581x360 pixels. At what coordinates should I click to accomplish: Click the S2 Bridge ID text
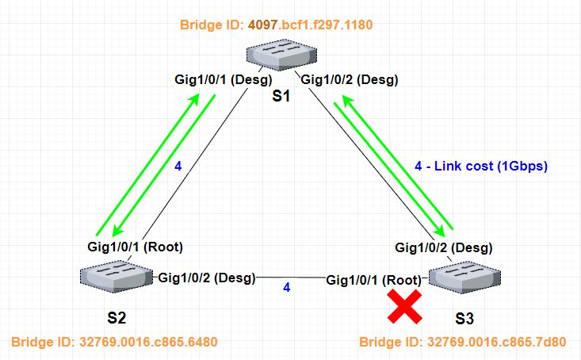(x=114, y=343)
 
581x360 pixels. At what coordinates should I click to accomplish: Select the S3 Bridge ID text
(x=463, y=343)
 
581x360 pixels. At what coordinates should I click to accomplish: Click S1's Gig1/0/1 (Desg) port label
(x=224, y=80)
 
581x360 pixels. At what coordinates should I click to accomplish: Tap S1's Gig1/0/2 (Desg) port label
(x=349, y=80)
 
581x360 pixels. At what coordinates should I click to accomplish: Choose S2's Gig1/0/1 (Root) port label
(x=140, y=246)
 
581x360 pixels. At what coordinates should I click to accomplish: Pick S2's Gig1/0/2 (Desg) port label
(x=208, y=278)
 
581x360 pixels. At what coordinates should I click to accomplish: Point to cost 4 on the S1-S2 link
(x=178, y=167)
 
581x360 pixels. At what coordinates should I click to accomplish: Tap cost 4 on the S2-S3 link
(x=287, y=287)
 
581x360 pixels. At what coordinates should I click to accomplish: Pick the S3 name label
(x=464, y=320)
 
